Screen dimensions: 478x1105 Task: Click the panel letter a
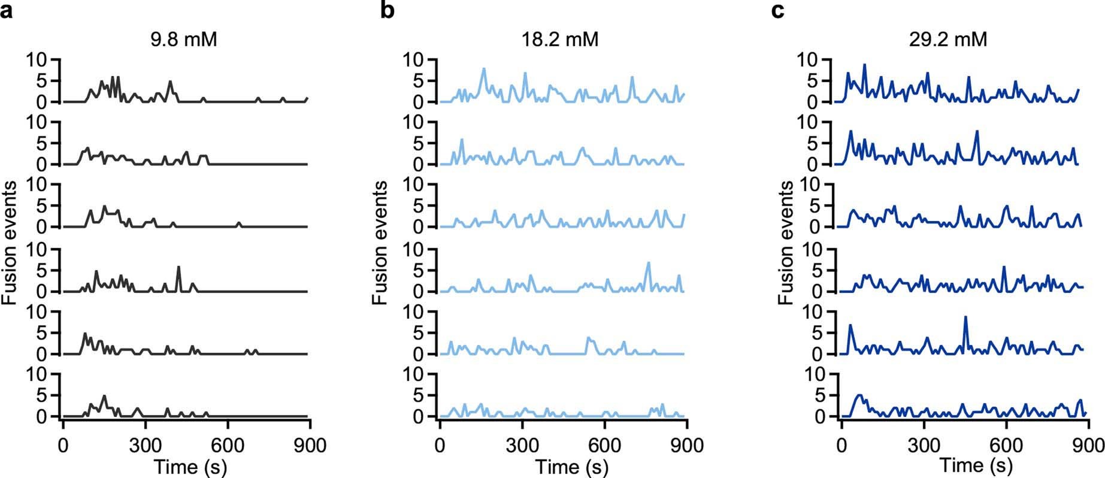tap(7, 11)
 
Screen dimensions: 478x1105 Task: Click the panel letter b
tap(387, 10)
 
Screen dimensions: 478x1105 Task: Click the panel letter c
tap(777, 11)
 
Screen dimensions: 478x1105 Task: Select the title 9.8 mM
tap(183, 40)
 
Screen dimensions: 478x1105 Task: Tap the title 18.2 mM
tap(560, 40)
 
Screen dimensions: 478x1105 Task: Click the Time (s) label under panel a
tap(190, 467)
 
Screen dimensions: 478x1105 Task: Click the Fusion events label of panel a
tap(10, 243)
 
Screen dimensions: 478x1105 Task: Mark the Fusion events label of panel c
tap(786, 243)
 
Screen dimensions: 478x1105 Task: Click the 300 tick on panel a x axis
tap(145, 446)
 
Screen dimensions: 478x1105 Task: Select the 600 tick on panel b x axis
tap(605, 446)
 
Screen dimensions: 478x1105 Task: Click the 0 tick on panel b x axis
tap(440, 446)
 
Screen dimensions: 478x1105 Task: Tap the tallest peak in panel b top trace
tap(483, 69)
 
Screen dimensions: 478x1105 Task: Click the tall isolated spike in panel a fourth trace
tap(178, 267)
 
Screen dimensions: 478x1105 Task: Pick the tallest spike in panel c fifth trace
tap(965, 317)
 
